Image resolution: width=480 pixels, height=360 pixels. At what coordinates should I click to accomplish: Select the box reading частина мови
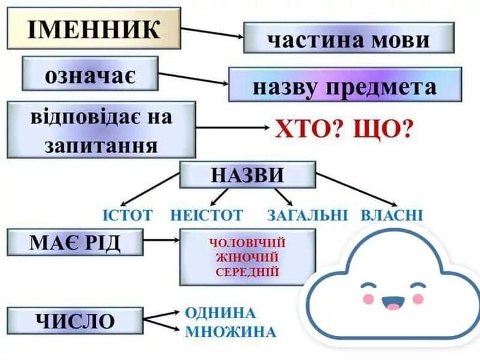348,38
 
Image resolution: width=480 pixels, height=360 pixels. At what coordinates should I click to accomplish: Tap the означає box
90,74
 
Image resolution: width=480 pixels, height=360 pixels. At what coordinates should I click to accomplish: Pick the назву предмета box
344,85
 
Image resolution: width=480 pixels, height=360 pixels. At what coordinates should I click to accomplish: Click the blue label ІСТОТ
128,215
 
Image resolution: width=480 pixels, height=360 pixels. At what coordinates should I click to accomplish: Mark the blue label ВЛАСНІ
392,215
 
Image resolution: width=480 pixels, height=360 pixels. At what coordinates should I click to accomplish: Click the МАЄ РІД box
75,243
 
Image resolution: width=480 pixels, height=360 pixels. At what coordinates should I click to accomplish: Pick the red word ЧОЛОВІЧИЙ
247,243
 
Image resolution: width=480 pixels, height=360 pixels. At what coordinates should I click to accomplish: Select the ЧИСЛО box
75,321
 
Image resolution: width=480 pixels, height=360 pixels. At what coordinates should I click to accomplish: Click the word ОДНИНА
220,312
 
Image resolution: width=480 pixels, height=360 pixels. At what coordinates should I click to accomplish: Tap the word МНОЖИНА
230,331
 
